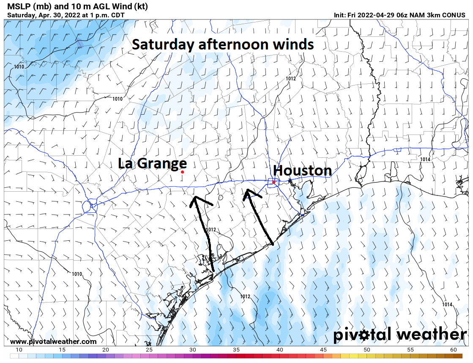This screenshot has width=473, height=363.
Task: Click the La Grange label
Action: pyautogui.click(x=152, y=163)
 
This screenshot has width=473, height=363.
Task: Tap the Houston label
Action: pyautogui.click(x=302, y=170)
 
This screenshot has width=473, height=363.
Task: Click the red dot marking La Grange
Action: pyautogui.click(x=182, y=172)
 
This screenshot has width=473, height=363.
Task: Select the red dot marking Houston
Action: pyautogui.click(x=274, y=182)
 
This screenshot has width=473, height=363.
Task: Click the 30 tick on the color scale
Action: pyautogui.click(x=193, y=350)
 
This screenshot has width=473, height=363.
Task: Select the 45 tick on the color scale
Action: pyautogui.click(x=323, y=350)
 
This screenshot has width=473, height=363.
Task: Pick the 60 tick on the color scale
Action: pyautogui.click(x=454, y=350)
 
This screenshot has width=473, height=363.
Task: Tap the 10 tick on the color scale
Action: pyautogui.click(x=19, y=350)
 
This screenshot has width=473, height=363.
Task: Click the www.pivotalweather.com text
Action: pyautogui.click(x=53, y=341)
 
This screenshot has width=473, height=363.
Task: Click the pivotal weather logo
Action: pyautogui.click(x=400, y=335)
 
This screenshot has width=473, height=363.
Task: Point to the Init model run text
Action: pyautogui.click(x=399, y=15)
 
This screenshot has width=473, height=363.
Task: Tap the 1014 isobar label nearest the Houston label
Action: pyautogui.click(x=425, y=159)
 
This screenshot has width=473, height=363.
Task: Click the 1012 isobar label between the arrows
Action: pyautogui.click(x=211, y=230)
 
